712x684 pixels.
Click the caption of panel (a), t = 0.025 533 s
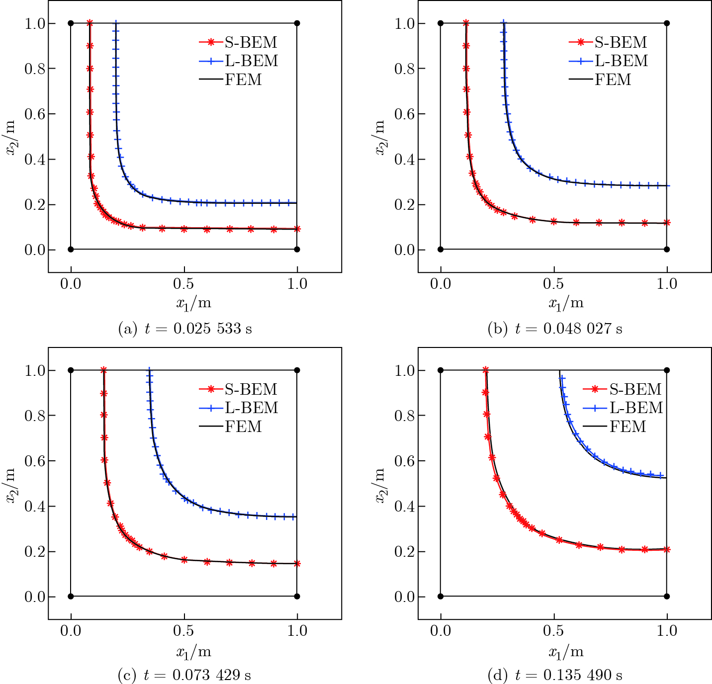pyautogui.click(x=185, y=329)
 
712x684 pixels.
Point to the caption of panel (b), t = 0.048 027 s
pyautogui.click(x=555, y=329)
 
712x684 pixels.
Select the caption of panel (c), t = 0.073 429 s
pyautogui.click(x=184, y=675)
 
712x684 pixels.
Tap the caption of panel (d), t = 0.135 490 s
pyautogui.click(x=555, y=675)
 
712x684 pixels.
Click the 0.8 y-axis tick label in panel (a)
pyautogui.click(x=34, y=69)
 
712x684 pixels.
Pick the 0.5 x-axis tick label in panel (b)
pyautogui.click(x=553, y=284)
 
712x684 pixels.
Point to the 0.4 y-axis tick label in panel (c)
pyautogui.click(x=34, y=507)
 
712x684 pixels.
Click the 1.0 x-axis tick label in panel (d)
pyautogui.click(x=667, y=631)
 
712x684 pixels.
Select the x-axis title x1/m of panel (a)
pyautogui.click(x=193, y=303)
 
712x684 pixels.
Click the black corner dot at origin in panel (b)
pyautogui.click(x=441, y=250)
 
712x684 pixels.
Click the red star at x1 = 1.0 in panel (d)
pyautogui.click(x=667, y=550)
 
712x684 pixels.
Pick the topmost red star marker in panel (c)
pyautogui.click(x=103, y=370)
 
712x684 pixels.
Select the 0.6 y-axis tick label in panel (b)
pyautogui.click(x=404, y=114)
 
